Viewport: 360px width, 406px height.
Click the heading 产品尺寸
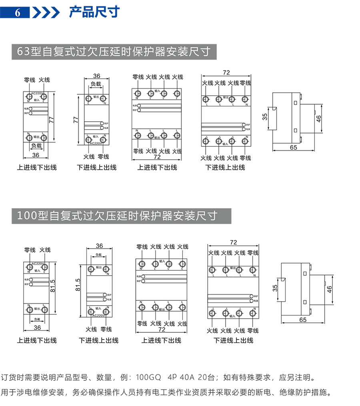[94, 12]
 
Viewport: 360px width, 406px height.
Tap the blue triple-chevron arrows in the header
[46, 12]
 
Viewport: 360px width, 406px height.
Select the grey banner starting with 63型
[114, 52]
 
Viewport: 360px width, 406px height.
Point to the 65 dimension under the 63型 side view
[293, 147]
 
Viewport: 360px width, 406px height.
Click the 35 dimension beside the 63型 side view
[264, 116]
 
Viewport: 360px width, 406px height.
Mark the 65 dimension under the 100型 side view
[302, 320]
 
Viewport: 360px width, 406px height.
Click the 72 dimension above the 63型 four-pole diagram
[226, 72]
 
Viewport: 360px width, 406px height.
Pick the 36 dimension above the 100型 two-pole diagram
[99, 246]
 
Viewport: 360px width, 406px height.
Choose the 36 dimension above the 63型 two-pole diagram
[96, 76]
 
